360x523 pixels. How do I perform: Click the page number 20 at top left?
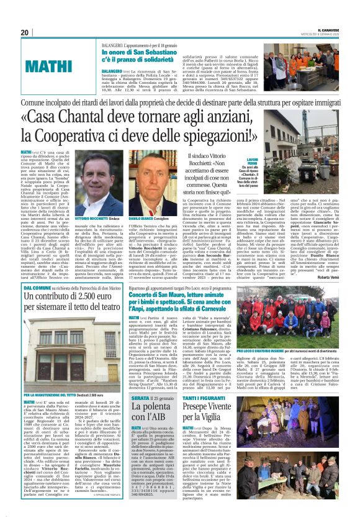25,33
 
